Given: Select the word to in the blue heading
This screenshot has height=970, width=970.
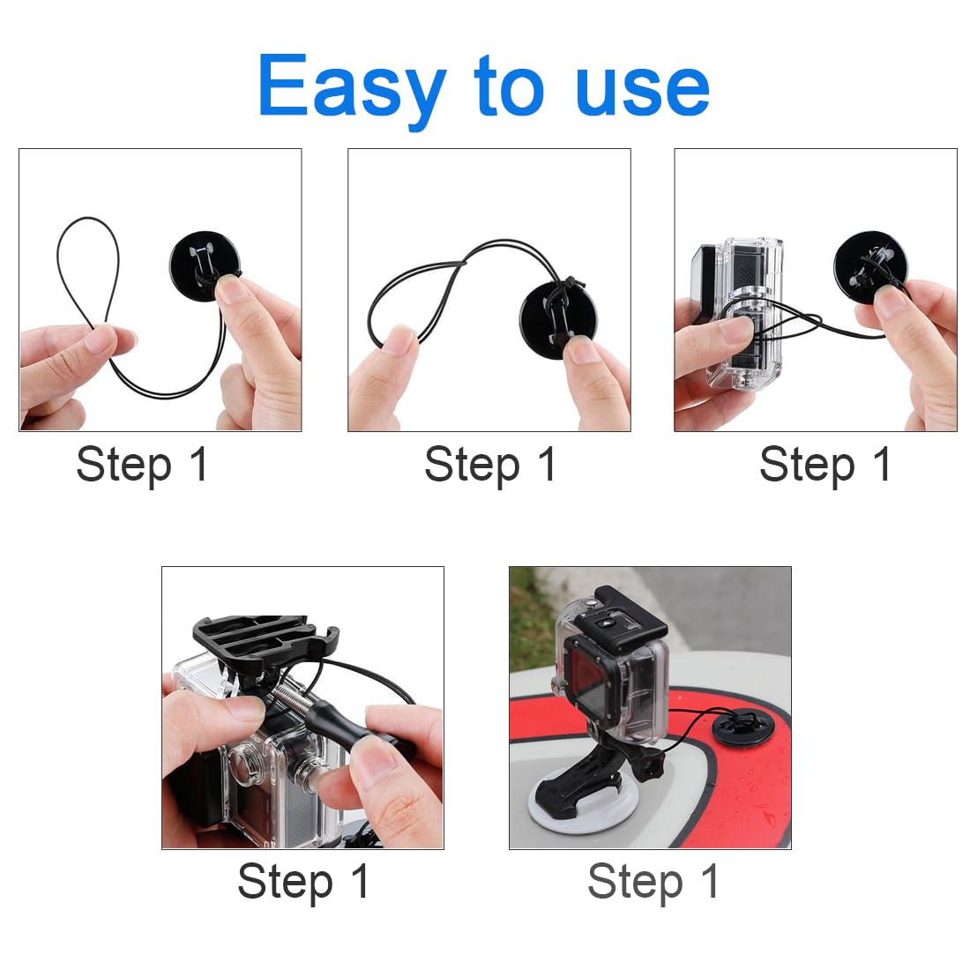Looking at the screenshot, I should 509,86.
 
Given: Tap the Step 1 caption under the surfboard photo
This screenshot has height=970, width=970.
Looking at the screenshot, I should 653,882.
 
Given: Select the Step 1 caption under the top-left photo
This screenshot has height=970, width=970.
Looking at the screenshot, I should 142,465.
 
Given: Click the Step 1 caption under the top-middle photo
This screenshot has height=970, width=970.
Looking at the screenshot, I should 490,465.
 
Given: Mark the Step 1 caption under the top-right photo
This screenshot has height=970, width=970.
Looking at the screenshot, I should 825,465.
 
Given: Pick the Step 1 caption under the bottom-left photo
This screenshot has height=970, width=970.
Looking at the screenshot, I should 303,882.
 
